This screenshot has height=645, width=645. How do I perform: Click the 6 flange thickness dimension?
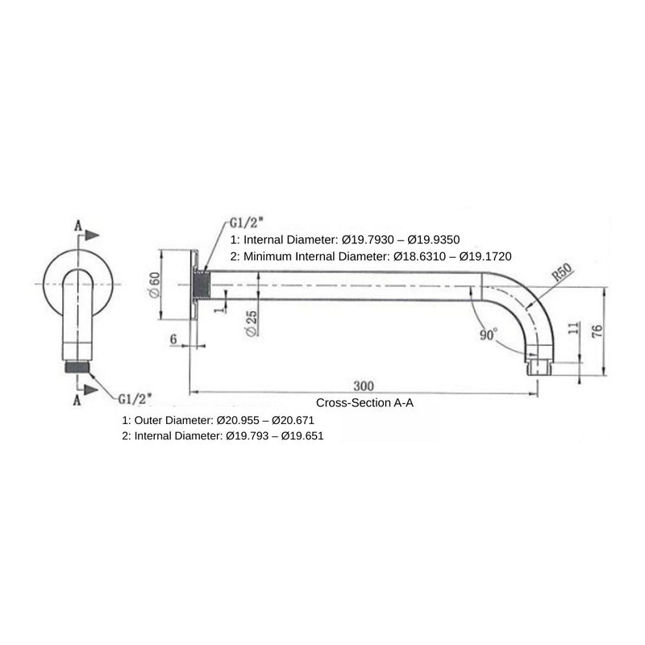[173, 340]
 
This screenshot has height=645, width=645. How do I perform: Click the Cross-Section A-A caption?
[364, 402]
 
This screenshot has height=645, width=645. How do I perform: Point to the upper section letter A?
[78, 225]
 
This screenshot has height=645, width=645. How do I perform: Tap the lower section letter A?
[78, 401]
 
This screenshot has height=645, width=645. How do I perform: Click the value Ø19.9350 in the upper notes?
[430, 239]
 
